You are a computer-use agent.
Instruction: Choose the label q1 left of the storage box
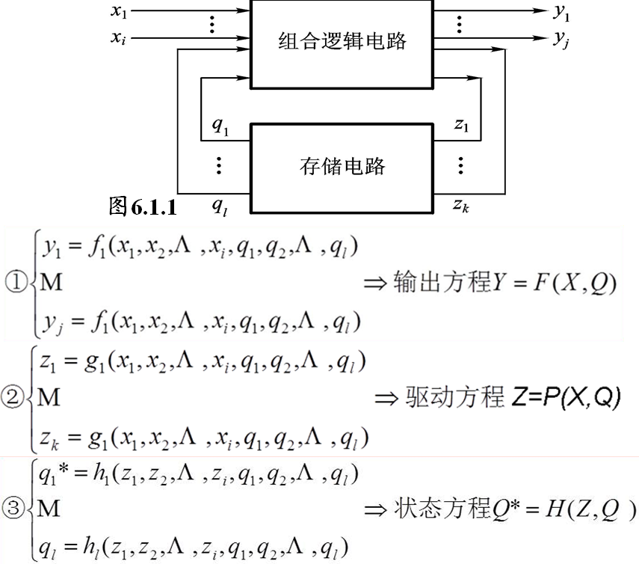pos(220,125)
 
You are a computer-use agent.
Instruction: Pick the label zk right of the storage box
pos(461,204)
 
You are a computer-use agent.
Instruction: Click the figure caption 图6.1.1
pos(143,206)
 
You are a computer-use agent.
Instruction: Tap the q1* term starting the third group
pos(52,474)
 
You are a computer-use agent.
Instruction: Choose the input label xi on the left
pos(119,39)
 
